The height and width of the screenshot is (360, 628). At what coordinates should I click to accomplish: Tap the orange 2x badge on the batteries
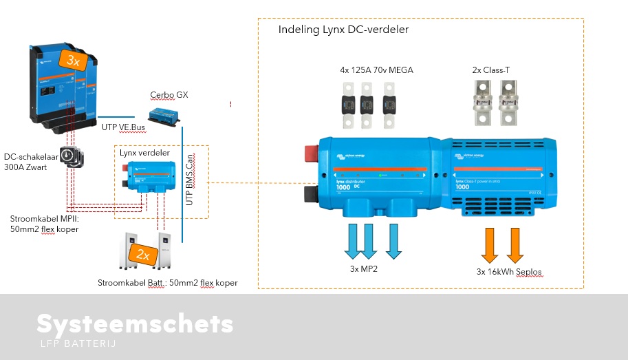[143, 254]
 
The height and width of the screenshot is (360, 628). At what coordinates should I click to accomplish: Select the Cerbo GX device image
[164, 115]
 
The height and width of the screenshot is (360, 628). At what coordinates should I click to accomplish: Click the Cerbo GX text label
[169, 94]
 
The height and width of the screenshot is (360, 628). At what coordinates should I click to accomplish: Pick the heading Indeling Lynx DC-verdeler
[343, 30]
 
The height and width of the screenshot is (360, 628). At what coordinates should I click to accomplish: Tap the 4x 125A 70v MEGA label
[376, 70]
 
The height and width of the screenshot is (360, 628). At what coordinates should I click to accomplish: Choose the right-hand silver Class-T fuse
[508, 103]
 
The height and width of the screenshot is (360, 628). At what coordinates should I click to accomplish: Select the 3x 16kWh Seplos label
[509, 272]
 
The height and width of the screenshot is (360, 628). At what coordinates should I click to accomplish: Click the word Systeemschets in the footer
[135, 324]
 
